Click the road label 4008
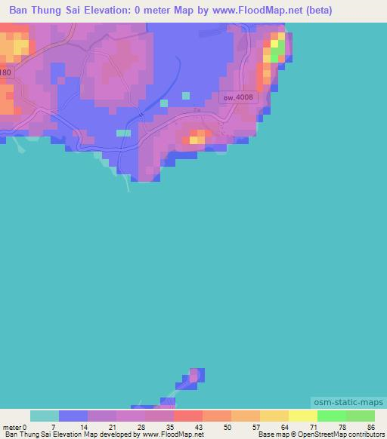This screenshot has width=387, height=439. (x=240, y=97)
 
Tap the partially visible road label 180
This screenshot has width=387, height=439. (x=6, y=72)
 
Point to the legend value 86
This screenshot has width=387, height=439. (x=370, y=428)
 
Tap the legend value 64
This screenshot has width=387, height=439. (x=285, y=428)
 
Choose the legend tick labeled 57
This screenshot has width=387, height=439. (x=256, y=428)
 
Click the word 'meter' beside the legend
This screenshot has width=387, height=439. (x=13, y=428)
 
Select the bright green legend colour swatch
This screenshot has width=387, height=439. (x=331, y=416)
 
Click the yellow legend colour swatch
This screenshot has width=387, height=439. (x=302, y=416)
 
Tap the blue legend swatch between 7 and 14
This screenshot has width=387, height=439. (x=73, y=416)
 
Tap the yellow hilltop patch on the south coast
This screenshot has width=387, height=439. (x=197, y=138)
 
